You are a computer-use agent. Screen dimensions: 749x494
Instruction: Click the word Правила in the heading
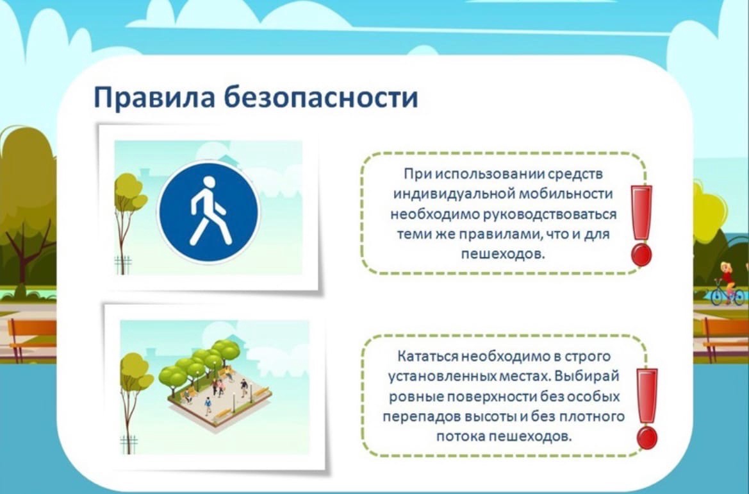coord(154,98)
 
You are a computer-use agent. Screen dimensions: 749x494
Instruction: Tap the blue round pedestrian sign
coord(208,212)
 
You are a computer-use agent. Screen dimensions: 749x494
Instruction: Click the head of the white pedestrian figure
coord(210,182)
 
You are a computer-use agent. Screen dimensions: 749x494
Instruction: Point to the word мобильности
coord(566,194)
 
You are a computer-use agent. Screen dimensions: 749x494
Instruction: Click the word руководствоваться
coord(550,214)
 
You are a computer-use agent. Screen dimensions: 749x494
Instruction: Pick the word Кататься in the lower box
coord(427,356)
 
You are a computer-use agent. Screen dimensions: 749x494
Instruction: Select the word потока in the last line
coord(459,436)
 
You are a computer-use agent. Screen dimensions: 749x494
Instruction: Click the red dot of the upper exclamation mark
coord(641,255)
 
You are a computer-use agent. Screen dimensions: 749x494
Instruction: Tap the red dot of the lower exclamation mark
coord(646,438)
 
